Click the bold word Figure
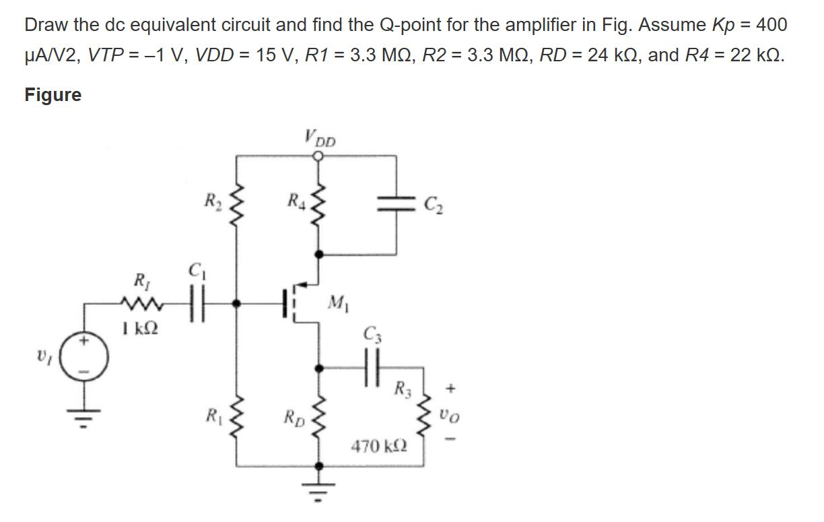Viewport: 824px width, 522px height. coord(53,95)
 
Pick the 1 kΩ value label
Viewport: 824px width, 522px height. coord(141,329)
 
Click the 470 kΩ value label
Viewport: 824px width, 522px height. coord(377,445)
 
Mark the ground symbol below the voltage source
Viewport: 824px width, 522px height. coord(85,412)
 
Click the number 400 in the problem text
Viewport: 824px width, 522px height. coord(770,25)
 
